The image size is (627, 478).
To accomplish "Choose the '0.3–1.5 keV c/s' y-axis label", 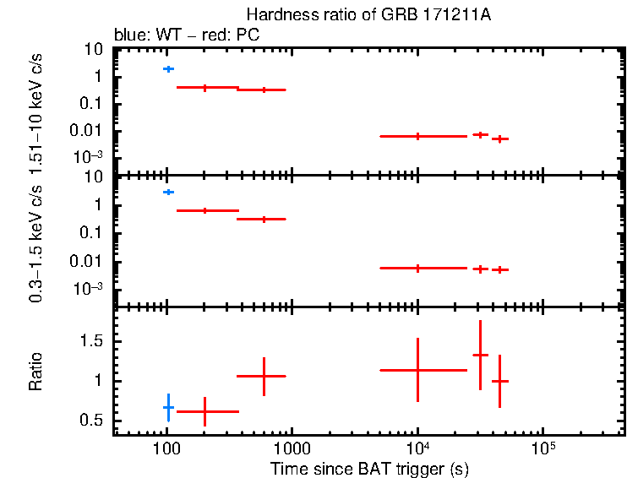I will tap(36, 245).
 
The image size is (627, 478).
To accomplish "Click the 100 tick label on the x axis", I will tap(166, 448).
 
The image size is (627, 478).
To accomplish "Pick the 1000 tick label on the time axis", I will tap(292, 448).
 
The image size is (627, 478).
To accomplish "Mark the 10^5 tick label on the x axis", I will tap(542, 447).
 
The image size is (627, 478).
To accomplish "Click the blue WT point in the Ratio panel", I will tap(169, 408).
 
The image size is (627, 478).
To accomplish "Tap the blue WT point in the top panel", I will tap(169, 68).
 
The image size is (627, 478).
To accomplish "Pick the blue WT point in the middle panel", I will tap(169, 193).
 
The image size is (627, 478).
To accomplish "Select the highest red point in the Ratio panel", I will tap(480, 355).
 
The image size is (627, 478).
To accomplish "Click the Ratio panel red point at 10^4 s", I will tap(417, 370).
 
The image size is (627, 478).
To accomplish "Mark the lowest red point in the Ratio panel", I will tap(204, 411).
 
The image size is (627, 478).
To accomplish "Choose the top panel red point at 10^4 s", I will tap(417, 136).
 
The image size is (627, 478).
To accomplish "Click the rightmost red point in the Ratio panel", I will tap(499, 381).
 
